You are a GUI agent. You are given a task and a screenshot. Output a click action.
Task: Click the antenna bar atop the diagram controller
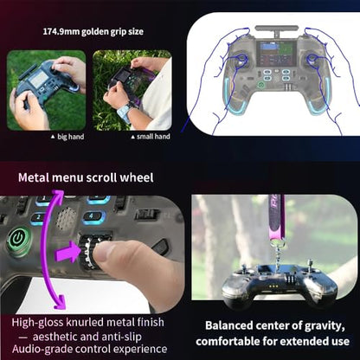[x=276, y=29]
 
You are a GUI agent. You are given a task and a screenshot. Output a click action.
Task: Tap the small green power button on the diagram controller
[x=260, y=85]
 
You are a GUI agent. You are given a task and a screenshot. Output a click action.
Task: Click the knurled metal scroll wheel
[x=90, y=252]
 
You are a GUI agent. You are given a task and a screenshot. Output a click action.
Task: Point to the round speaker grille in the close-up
[x=66, y=219]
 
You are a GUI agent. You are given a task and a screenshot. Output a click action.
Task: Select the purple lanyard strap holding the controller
[x=276, y=217]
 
